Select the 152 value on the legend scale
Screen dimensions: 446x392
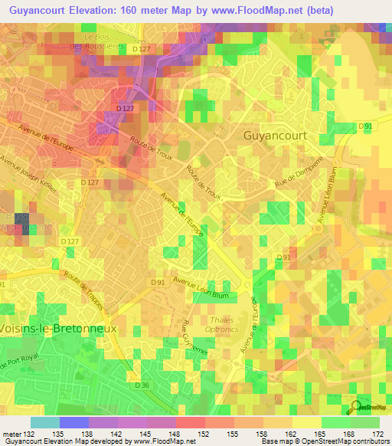204,435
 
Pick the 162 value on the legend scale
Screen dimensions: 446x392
292,435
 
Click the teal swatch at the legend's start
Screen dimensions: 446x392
45,422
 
